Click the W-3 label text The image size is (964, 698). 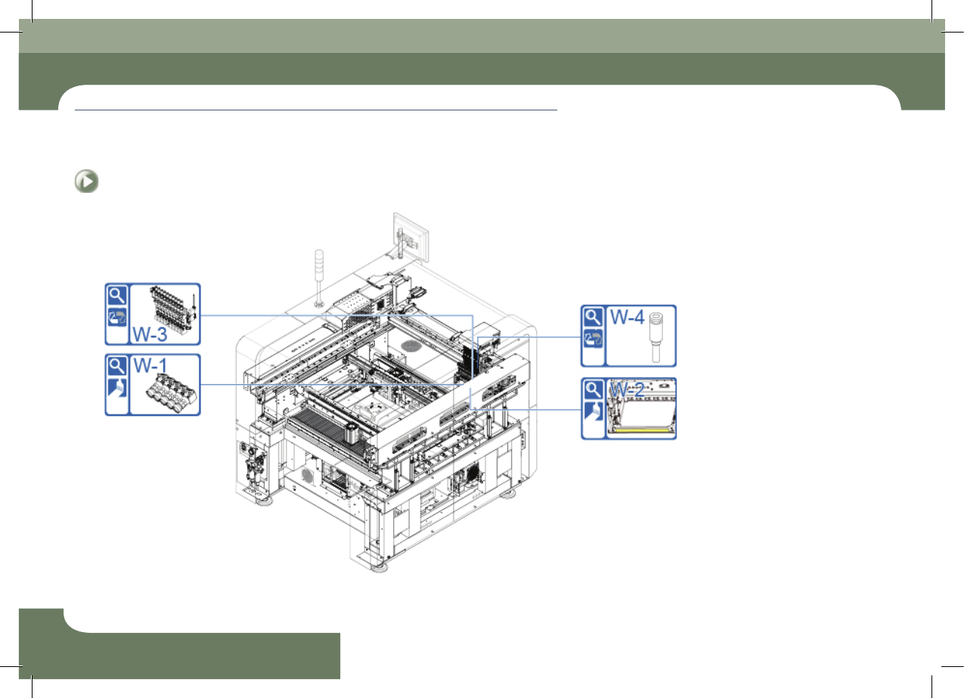pos(150,334)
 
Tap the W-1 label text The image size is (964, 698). pos(150,366)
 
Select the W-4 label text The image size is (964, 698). pos(627,317)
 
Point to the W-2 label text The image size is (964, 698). pos(627,390)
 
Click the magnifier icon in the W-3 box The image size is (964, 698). pos(116,295)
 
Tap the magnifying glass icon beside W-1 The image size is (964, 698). pos(116,366)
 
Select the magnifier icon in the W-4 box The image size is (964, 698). pos(593,317)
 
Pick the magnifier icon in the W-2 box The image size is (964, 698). pos(593,390)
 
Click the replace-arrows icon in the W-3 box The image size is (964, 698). pos(116,318)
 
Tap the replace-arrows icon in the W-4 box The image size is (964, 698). pos(593,339)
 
